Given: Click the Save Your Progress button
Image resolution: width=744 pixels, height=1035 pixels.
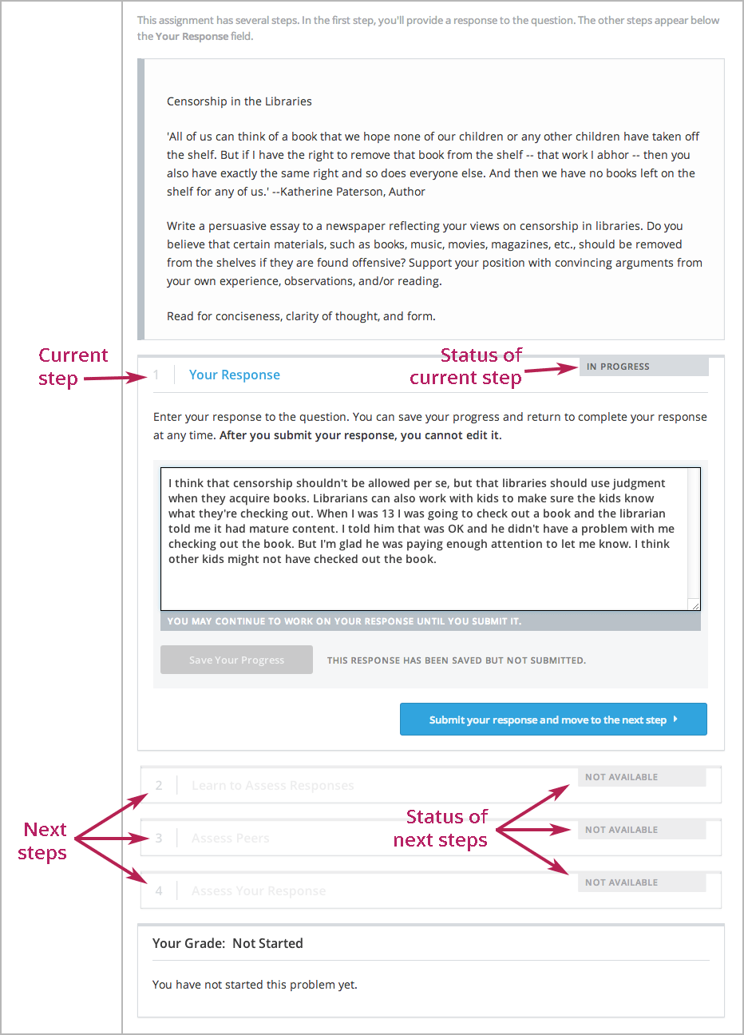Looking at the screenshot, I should (236, 660).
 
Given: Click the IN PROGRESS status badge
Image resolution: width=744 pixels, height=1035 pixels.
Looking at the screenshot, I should (643, 367).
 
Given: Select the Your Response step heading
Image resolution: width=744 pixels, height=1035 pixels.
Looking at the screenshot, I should (234, 375).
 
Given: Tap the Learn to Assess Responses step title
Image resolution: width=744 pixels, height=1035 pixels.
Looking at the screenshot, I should (272, 786).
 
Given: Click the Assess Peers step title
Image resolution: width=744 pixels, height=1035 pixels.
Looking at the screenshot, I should (230, 839).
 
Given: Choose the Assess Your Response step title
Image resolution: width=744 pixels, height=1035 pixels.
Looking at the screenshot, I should (258, 891).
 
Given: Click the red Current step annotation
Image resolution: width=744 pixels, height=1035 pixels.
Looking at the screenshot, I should (72, 367).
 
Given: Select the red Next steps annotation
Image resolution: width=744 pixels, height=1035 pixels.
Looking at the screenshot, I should (44, 841).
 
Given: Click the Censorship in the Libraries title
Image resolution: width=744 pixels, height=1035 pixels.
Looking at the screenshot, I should (239, 101).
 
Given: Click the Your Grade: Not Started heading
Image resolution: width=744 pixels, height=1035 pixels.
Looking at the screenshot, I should (228, 943).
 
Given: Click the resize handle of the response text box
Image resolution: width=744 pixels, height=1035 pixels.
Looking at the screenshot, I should (695, 606).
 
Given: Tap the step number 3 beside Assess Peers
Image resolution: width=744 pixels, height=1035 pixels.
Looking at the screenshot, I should (159, 839).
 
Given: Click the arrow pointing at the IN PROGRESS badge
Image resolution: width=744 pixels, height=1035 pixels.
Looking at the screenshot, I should (551, 369).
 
